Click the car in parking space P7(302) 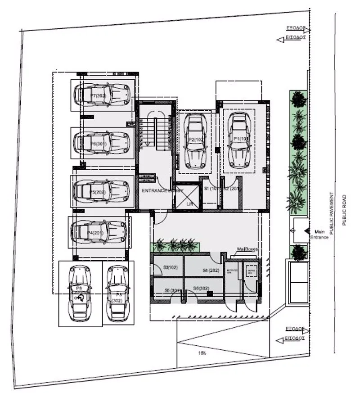click(102, 94)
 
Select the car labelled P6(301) click(102, 142)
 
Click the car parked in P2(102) click(197, 140)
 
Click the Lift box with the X click(187, 196)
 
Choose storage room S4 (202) click(210, 270)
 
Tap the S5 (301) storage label click(173, 290)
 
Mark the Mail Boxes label click(246, 249)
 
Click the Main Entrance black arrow click(306, 230)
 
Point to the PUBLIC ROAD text click(344, 210)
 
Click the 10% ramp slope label click(202, 353)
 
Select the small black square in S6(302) click(210, 293)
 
